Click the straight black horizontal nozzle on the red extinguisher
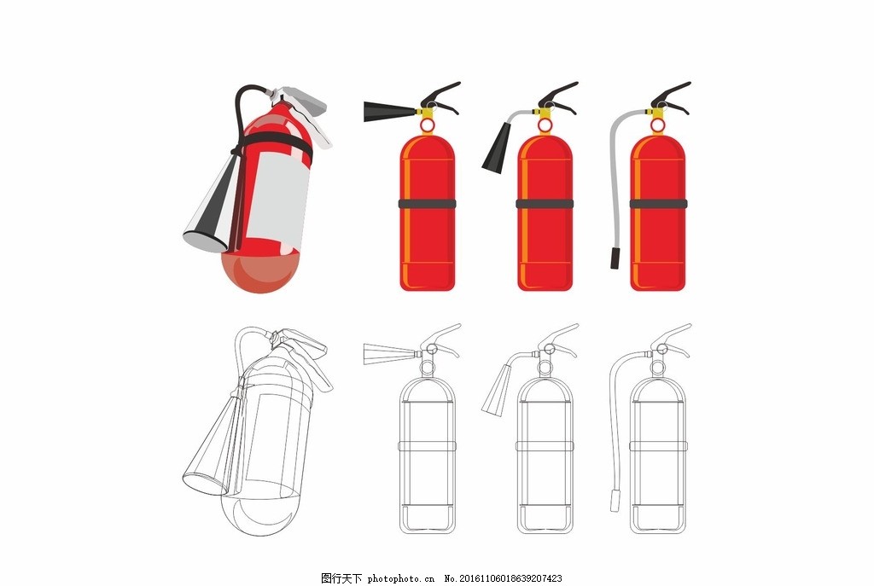tap(390, 111)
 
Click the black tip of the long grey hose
tap(615, 258)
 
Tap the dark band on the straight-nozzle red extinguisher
tap(427, 203)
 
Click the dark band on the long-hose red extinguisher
tap(658, 203)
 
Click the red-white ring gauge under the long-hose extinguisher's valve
tap(658, 126)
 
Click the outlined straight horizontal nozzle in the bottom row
tap(390, 354)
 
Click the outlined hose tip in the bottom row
tap(615, 500)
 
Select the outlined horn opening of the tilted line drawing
tap(206, 483)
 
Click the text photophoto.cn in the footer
tap(400, 578)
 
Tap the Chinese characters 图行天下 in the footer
tap(341, 578)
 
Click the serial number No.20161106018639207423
tap(503, 578)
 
